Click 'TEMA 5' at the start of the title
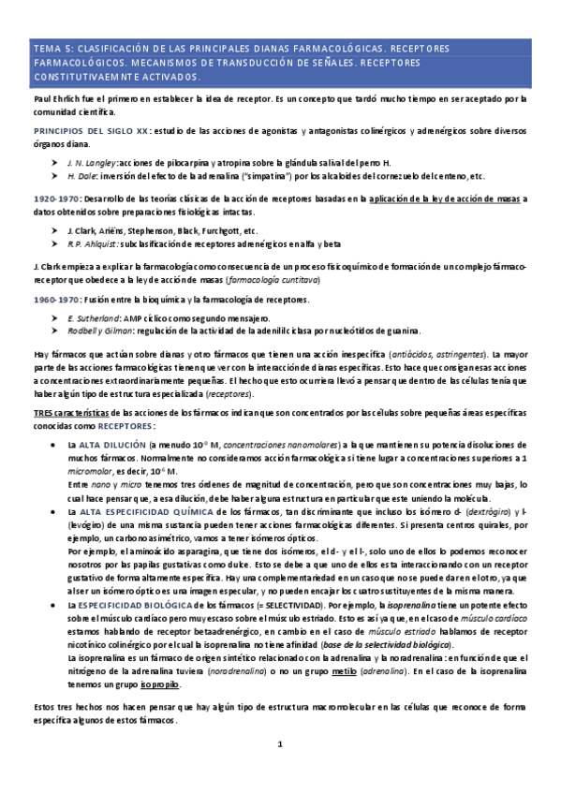coord(50,46)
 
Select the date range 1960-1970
coord(56,299)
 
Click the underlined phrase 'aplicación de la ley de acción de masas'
coord(448,199)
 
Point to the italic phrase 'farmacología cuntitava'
coord(271,280)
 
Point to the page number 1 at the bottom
coord(279,770)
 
